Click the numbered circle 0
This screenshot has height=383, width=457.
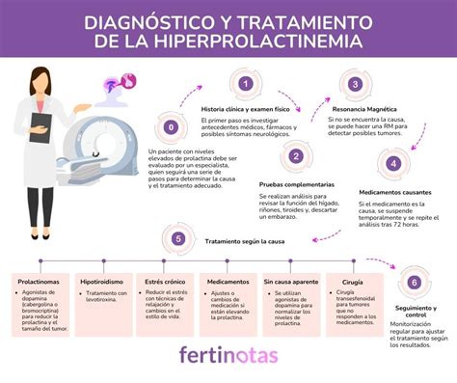tap(172, 126)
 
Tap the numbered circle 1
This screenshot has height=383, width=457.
tap(246, 85)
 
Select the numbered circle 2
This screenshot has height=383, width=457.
tap(296, 156)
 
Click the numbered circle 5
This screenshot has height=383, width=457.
tap(176, 239)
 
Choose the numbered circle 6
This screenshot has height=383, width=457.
tap(414, 283)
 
